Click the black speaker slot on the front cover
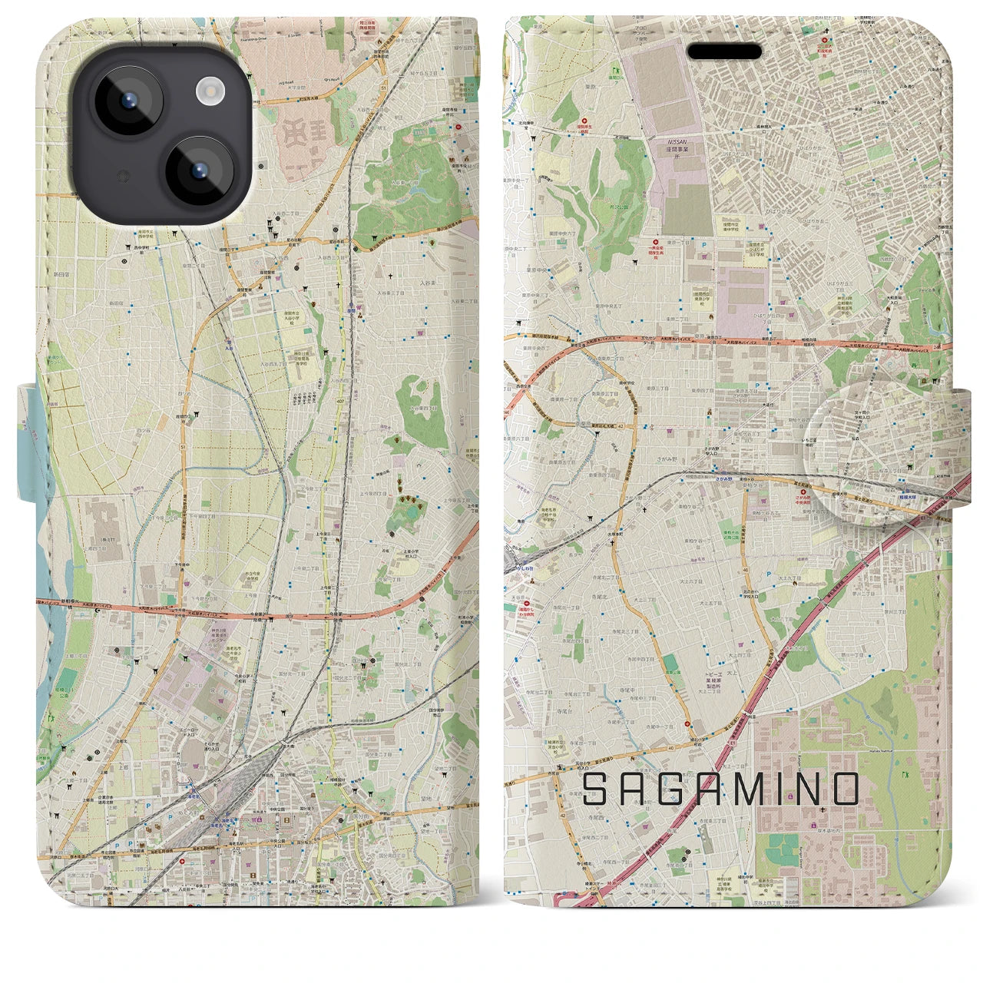click(x=724, y=51)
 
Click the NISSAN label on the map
click(x=678, y=143)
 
